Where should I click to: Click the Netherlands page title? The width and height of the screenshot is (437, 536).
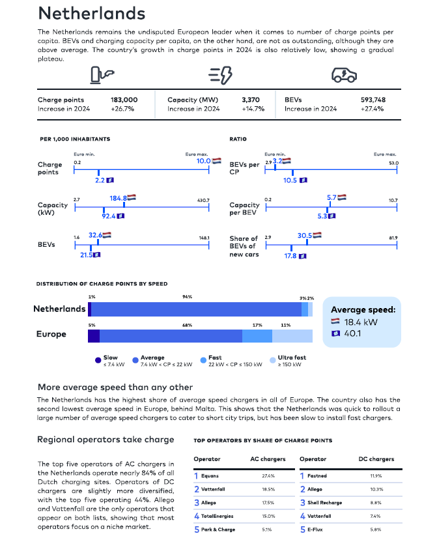92,14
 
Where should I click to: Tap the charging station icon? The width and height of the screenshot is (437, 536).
102,75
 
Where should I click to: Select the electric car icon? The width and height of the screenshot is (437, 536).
344,75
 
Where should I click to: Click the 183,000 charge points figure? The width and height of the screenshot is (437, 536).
124,100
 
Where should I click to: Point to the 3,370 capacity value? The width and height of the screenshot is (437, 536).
251,100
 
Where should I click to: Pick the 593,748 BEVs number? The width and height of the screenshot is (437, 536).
373,100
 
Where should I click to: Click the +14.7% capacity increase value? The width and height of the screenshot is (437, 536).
253,109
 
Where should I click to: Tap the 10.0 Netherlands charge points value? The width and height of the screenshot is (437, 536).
203,161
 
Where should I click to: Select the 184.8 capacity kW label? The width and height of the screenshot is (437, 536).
119,198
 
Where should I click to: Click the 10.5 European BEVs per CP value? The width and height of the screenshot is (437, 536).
290,180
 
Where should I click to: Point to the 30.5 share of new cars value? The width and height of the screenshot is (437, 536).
305,236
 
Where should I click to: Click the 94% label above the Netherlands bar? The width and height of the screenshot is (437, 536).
188,297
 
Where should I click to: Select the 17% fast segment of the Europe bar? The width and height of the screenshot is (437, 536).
257,336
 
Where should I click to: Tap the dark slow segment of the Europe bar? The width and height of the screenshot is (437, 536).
94,336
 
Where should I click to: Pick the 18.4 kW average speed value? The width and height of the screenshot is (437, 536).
361,322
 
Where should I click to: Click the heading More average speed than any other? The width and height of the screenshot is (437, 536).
115,388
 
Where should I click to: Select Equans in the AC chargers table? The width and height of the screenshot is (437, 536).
210,476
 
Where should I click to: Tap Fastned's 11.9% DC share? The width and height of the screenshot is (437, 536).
376,476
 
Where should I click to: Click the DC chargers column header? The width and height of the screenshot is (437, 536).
376,459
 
